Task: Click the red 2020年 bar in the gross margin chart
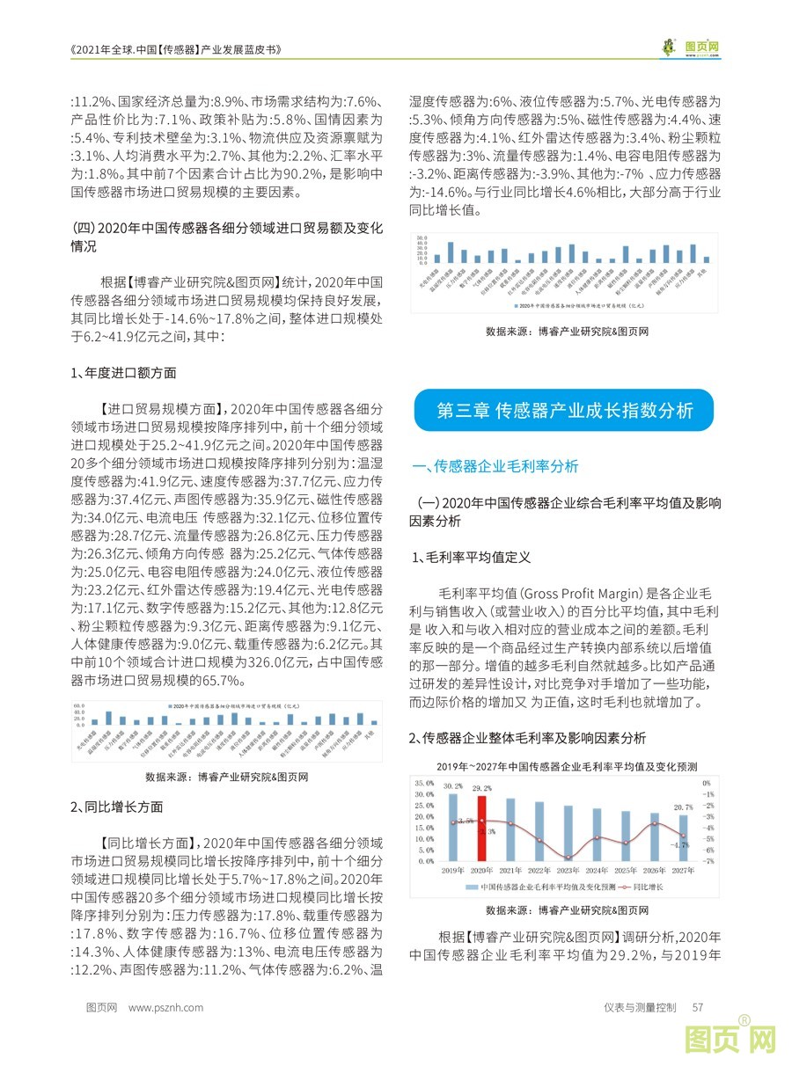481,828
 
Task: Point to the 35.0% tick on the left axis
423,783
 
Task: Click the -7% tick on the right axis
707,861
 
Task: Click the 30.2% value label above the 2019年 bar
453,785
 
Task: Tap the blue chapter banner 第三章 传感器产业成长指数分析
565,410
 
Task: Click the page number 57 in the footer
698,1007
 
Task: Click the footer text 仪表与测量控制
640,1007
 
